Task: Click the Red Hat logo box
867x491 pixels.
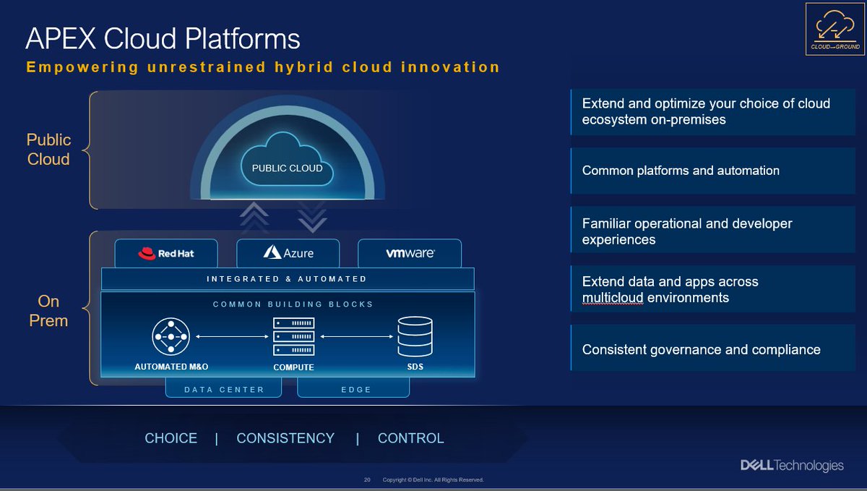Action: click(x=166, y=253)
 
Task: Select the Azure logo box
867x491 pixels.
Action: click(x=288, y=253)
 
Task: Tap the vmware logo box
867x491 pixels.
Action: click(x=410, y=253)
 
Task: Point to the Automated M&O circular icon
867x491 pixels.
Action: click(x=171, y=337)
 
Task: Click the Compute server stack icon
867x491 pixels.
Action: click(x=293, y=336)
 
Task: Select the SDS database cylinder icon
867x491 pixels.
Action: click(x=415, y=336)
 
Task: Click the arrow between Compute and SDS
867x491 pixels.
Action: click(x=355, y=336)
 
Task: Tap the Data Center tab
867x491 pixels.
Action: click(x=223, y=389)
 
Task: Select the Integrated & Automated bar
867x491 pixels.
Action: click(x=287, y=278)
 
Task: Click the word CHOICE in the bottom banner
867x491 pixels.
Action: click(x=171, y=438)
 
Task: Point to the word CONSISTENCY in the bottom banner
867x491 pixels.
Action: click(x=285, y=438)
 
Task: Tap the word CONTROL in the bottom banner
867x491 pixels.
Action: click(x=410, y=438)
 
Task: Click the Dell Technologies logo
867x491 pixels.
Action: click(x=792, y=466)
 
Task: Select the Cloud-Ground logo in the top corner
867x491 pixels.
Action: click(x=835, y=30)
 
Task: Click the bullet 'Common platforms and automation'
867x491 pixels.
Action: click(x=681, y=171)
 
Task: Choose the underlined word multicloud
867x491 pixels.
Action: click(x=612, y=298)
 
